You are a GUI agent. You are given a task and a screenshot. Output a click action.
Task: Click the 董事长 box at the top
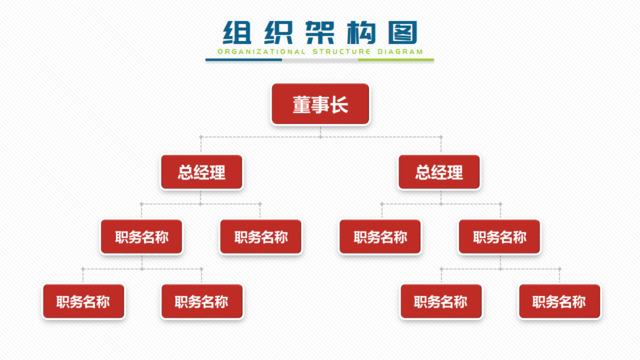tap(320, 104)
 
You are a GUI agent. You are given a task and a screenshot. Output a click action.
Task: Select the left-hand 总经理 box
tap(201, 172)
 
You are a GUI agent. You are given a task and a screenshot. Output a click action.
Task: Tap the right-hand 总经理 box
tap(439, 172)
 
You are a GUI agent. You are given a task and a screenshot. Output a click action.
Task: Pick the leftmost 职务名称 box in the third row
tap(141, 237)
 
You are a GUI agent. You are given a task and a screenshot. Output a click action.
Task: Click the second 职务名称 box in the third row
tap(260, 237)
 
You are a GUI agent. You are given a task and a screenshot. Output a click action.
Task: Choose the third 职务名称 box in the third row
tap(380, 237)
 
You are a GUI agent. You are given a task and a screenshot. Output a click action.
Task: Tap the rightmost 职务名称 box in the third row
tap(499, 237)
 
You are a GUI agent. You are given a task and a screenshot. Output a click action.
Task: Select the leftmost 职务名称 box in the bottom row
tap(82, 301)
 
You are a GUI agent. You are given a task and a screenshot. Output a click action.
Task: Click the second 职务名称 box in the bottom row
tap(201, 301)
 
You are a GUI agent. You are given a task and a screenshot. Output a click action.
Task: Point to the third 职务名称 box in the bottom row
tap(440, 301)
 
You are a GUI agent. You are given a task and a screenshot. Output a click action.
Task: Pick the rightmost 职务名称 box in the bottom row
tap(559, 301)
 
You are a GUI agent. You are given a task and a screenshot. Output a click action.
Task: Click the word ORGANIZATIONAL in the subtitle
tap(254, 51)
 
